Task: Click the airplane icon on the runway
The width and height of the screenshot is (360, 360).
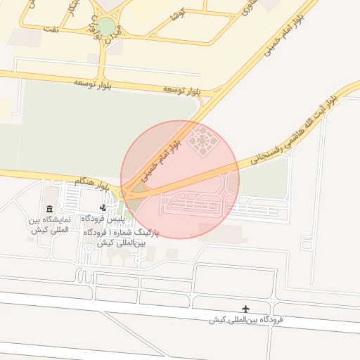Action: coord(245,309)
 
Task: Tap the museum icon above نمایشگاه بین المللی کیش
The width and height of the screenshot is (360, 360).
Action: coord(49,209)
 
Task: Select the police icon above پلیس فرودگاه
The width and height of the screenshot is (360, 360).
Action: coord(103,207)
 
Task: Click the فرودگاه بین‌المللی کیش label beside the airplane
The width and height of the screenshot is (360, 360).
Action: coord(245,320)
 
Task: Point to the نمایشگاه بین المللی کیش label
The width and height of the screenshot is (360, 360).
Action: coord(49,225)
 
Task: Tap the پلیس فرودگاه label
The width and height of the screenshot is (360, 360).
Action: coord(105,219)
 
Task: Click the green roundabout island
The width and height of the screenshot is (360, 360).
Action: coord(105,27)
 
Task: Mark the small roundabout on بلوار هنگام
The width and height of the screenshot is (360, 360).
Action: coord(123,193)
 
